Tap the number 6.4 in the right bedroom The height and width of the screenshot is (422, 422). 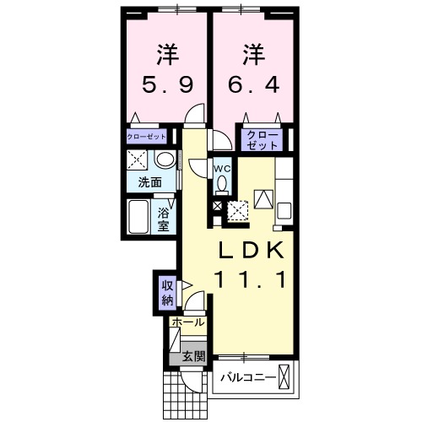click(253, 86)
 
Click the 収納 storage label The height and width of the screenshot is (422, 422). click(166, 291)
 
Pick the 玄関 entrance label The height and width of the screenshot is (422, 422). click(192, 357)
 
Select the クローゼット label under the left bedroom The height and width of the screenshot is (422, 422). click(146, 136)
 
